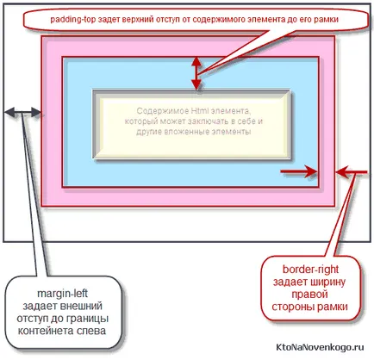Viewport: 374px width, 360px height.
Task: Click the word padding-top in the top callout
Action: [73, 20]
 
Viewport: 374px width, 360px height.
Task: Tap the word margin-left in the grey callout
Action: [62, 294]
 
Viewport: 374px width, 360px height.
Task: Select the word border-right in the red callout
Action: [310, 270]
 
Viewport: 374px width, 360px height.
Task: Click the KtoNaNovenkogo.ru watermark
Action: [320, 347]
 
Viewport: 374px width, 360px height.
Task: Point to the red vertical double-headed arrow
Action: [196, 73]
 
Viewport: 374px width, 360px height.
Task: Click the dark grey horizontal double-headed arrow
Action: [23, 112]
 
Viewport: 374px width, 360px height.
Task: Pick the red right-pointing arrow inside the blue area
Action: [299, 171]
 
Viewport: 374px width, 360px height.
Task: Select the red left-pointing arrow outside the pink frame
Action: [352, 172]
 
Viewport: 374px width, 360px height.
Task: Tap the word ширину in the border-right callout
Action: [329, 282]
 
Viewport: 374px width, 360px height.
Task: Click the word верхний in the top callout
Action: [137, 20]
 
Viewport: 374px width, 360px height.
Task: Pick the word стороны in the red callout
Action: [290, 307]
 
